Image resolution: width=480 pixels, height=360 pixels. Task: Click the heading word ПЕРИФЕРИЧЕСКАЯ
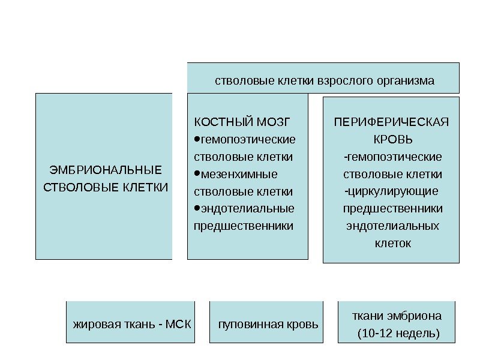[391, 123]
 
